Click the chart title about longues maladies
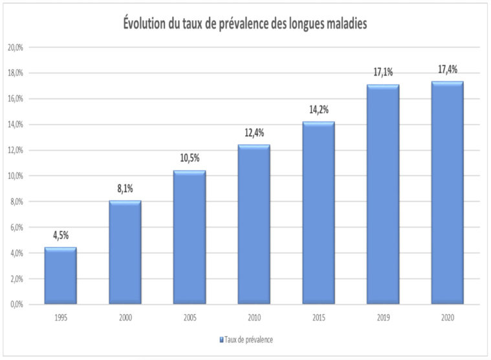pyautogui.click(x=246, y=25)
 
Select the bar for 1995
pyautogui.click(x=60, y=276)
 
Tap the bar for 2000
pyautogui.click(x=124, y=253)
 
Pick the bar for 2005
pyautogui.click(x=189, y=237)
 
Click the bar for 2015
pyautogui.click(x=318, y=213)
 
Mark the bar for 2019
pyautogui.click(x=382, y=195)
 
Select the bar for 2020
pyautogui.click(x=446, y=193)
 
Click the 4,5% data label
pyautogui.click(x=60, y=235)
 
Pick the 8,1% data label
pyautogui.click(x=124, y=189)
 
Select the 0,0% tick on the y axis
pyautogui.click(x=16, y=304)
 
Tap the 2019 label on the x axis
pyautogui.click(x=382, y=317)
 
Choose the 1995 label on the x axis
pyautogui.click(x=60, y=317)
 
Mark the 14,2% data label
pyautogui.click(x=318, y=109)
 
